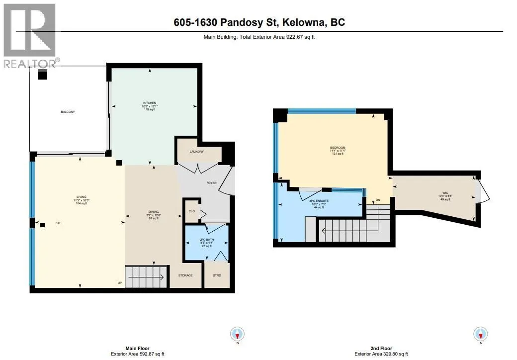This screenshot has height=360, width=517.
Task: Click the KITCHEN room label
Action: pos(150,103)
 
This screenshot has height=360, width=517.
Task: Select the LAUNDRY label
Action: pos(196,151)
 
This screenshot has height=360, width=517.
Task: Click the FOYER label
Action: pos(212,183)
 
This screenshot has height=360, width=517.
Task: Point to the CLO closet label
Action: pos(191,211)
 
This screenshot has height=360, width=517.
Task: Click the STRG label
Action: pos(217,275)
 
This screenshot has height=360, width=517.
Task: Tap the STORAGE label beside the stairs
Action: pos(185,275)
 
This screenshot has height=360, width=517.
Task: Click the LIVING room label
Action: pos(81,197)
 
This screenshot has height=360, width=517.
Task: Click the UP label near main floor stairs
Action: pos(120,283)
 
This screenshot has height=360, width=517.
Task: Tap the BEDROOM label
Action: pos(338,148)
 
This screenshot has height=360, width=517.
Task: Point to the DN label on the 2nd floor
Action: pos(378,201)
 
